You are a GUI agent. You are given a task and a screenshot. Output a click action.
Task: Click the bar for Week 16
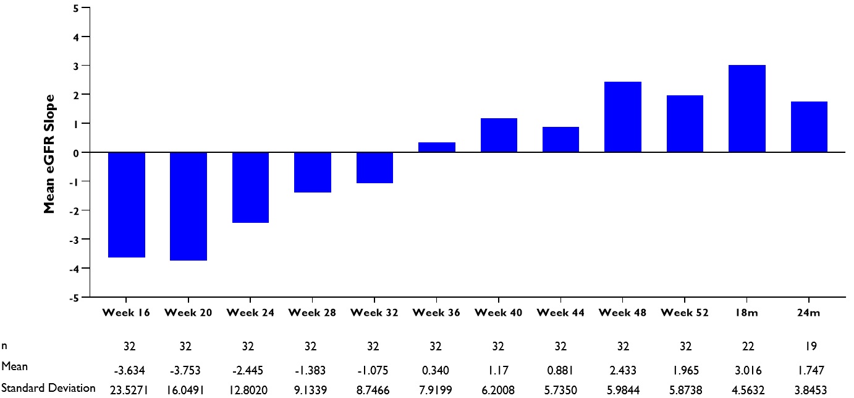[127, 204]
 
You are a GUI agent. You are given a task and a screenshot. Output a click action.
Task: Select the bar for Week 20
[188, 206]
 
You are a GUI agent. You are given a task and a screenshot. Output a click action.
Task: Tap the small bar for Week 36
[437, 147]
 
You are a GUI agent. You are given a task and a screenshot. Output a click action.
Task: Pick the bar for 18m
[747, 108]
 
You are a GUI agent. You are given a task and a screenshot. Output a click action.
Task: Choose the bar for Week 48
[623, 117]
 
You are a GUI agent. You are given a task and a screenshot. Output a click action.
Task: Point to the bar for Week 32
[374, 168]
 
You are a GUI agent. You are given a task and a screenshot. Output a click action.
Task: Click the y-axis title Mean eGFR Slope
[49, 154]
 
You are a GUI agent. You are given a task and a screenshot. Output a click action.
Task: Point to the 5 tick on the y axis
[75, 8]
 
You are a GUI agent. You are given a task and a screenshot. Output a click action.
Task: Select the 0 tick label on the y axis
[75, 152]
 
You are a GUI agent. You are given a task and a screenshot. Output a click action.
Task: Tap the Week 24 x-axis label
[250, 313]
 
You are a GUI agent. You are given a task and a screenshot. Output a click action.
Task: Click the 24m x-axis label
[809, 313]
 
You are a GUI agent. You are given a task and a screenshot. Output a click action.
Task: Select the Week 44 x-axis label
[560, 313]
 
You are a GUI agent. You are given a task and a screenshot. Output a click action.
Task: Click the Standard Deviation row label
[48, 388]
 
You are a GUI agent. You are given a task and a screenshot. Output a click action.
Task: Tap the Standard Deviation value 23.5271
[127, 389]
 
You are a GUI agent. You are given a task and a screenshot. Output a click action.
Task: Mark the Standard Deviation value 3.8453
[809, 389]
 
